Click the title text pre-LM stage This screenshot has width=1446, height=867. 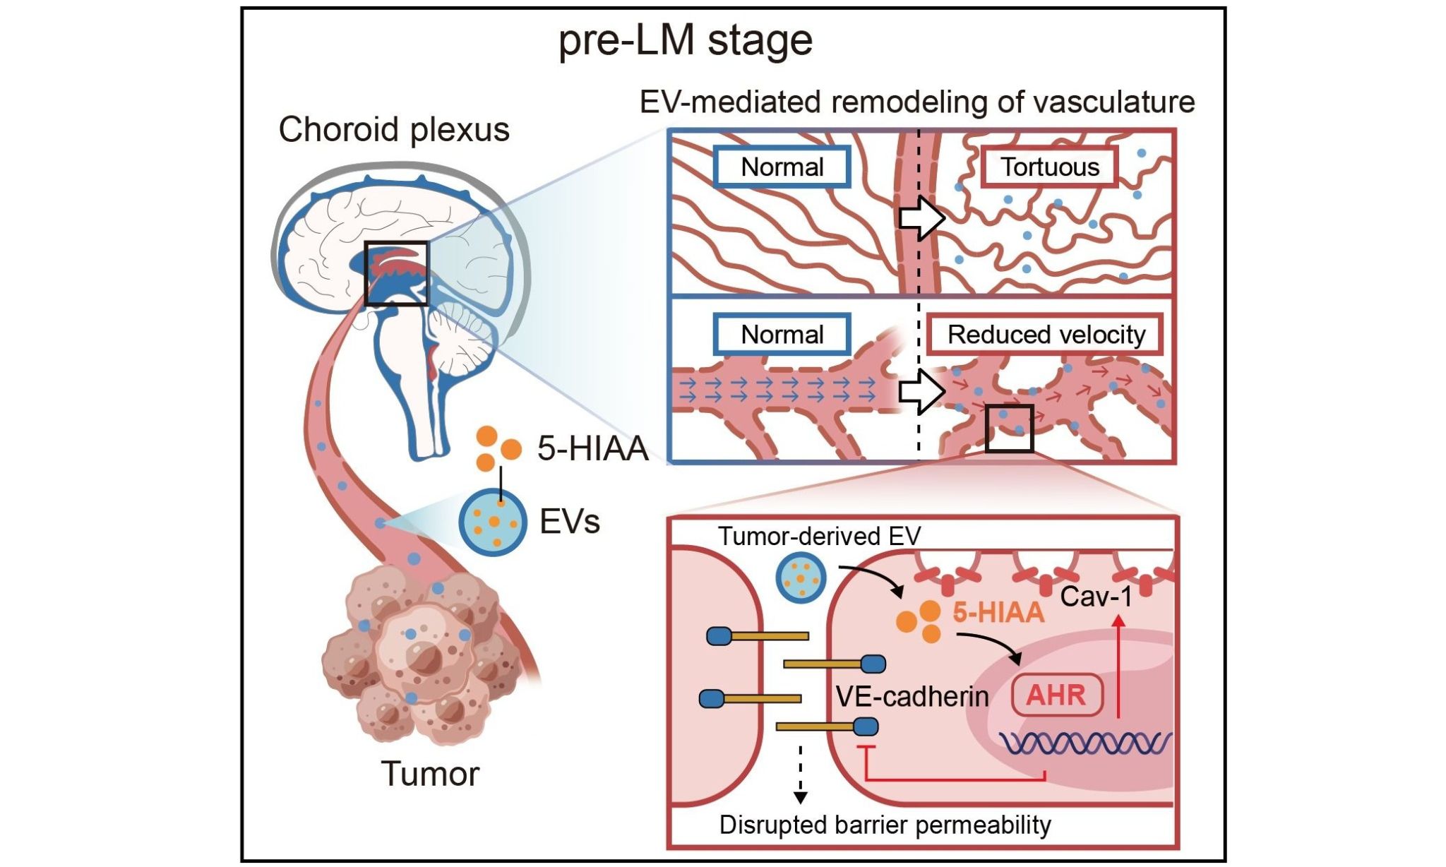click(685, 40)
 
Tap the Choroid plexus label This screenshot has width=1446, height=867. click(394, 130)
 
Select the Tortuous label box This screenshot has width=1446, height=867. click(1049, 167)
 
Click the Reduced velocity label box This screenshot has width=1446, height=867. click(1045, 335)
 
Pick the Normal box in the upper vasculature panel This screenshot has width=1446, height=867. click(782, 167)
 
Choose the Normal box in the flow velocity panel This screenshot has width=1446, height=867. click(782, 335)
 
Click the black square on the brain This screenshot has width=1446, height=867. click(396, 273)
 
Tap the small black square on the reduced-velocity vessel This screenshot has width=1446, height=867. click(1009, 429)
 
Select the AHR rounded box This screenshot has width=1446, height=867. click(1056, 695)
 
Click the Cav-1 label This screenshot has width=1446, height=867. click(1096, 597)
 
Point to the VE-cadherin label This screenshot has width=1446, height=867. click(912, 697)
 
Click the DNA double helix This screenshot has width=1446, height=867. click(1086, 743)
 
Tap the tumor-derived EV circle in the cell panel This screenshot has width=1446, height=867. click(801, 578)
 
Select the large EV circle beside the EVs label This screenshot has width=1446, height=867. click(493, 522)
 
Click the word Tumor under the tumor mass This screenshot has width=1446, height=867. click(430, 774)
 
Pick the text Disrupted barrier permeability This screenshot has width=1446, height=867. click(885, 825)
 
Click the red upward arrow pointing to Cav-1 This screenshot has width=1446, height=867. click(1118, 667)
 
